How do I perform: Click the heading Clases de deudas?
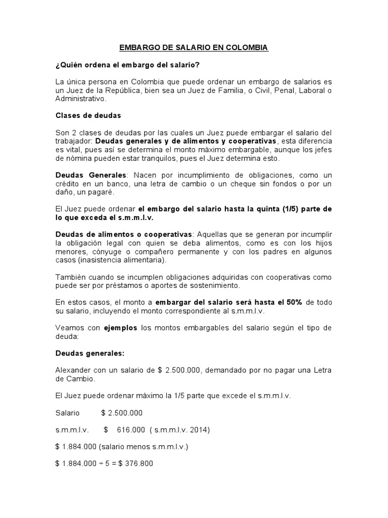[x=88, y=115]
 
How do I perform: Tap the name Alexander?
[x=73, y=370]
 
